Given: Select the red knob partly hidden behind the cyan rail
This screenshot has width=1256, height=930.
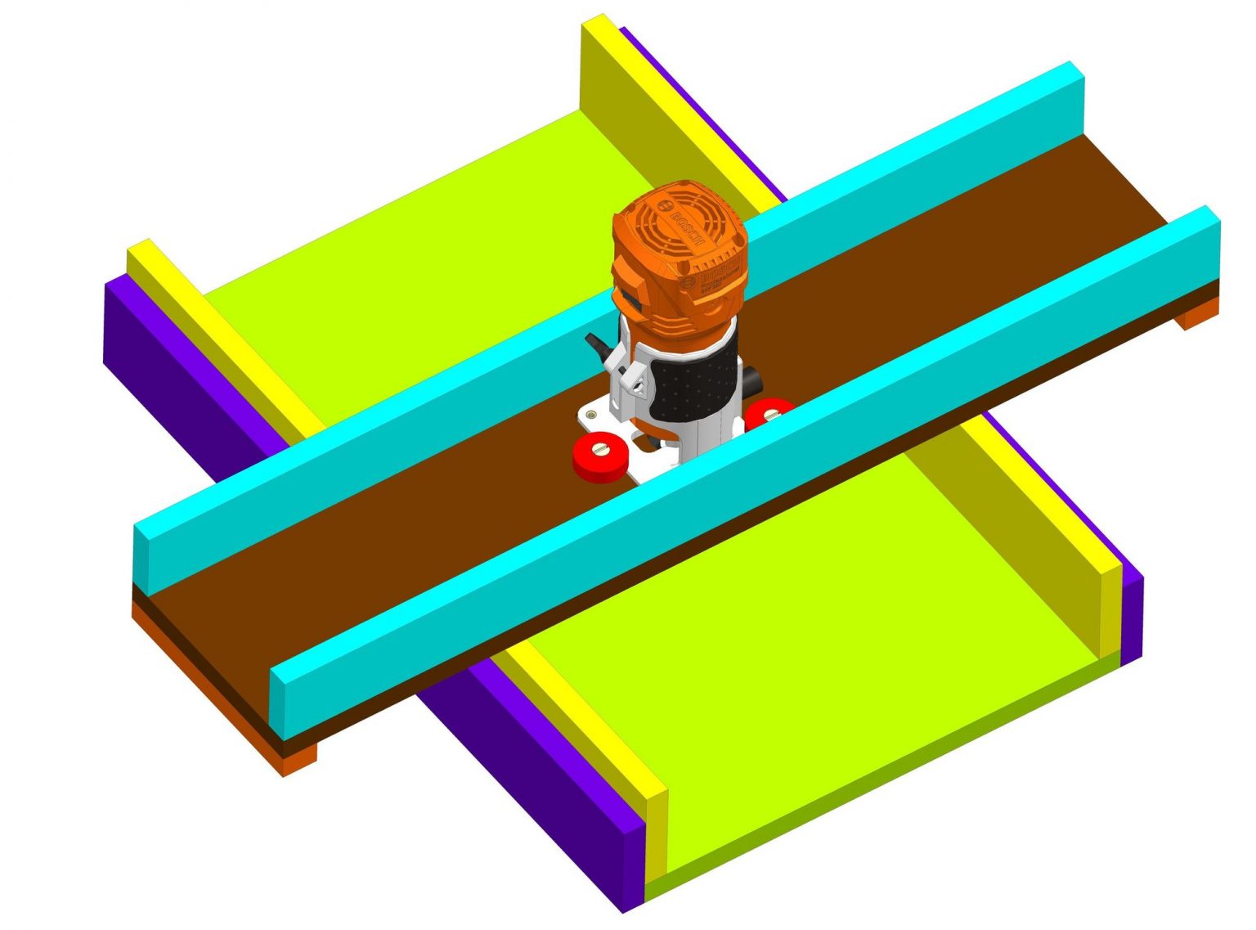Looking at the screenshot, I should coord(768,411).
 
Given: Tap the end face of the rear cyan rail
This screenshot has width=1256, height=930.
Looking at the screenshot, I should coord(142,555).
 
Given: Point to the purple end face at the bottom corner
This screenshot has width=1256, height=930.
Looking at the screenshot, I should coord(634,867).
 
